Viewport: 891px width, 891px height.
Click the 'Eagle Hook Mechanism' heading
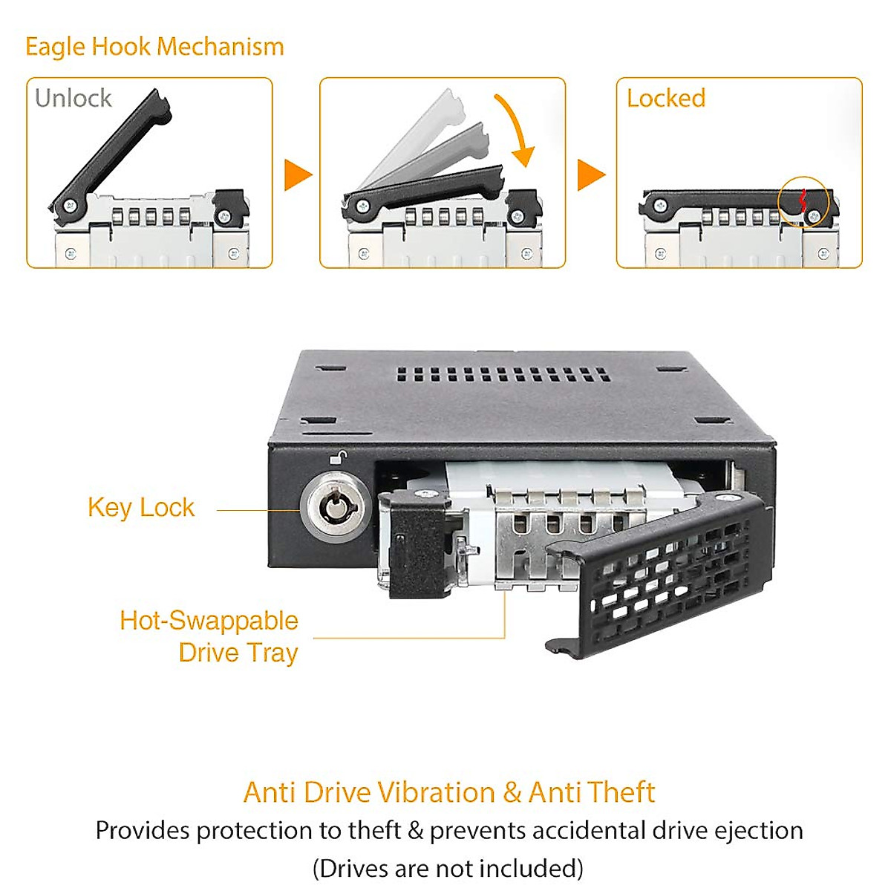pyautogui.click(x=154, y=47)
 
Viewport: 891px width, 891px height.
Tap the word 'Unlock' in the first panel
pyautogui.click(x=73, y=98)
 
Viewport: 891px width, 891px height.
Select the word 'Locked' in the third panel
pyautogui.click(x=665, y=98)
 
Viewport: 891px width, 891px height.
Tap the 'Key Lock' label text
pyautogui.click(x=141, y=508)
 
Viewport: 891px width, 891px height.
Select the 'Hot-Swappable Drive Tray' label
pyautogui.click(x=209, y=636)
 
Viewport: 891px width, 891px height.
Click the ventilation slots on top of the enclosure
pyautogui.click(x=503, y=374)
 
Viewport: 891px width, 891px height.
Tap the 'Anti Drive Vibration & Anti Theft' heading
pyautogui.click(x=449, y=792)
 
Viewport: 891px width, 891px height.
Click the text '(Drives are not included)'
pyautogui.click(x=448, y=868)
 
